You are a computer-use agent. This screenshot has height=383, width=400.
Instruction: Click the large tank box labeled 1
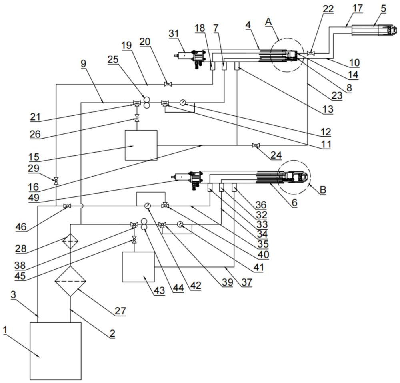[x=56, y=351]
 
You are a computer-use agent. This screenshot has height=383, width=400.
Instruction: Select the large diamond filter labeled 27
[x=70, y=281]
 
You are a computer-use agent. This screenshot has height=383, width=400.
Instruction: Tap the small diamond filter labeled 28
[x=70, y=241]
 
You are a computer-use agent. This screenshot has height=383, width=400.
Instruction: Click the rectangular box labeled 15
[x=141, y=145]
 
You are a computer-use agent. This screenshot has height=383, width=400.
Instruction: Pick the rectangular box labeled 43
[x=138, y=267]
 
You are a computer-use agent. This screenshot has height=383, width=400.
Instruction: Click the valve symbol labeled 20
[x=168, y=84]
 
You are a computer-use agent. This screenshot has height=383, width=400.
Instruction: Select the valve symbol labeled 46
[x=67, y=206]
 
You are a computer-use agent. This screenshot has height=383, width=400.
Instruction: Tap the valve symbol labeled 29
[x=56, y=181]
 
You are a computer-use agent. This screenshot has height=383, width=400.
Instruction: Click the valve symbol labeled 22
[x=311, y=53]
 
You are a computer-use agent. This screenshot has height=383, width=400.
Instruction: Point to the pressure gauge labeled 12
[x=183, y=103]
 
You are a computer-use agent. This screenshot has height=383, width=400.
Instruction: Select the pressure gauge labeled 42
[x=148, y=206]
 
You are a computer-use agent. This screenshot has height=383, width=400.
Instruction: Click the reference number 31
[x=174, y=34]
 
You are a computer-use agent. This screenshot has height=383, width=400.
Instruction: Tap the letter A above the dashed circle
[x=269, y=22]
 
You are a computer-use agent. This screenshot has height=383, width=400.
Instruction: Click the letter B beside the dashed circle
[x=323, y=190]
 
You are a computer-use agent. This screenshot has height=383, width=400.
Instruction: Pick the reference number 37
[x=247, y=282]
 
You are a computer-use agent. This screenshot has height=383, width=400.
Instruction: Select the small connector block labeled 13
[x=237, y=66]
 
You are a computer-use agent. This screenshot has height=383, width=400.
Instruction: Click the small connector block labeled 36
[x=234, y=187]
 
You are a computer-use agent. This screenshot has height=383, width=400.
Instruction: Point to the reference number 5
[x=384, y=8]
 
